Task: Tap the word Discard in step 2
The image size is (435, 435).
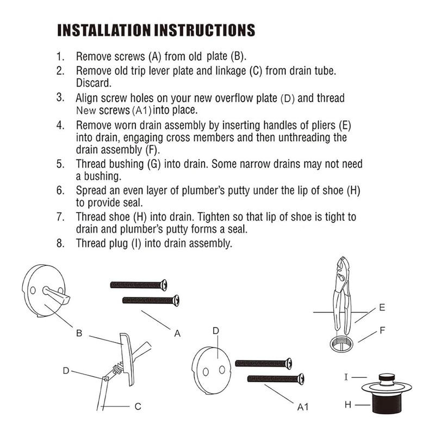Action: tap(93, 83)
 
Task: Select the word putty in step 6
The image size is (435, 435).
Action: tap(228, 191)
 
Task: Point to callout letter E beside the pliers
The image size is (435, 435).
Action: tap(382, 308)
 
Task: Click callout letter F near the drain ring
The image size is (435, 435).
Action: tap(382, 330)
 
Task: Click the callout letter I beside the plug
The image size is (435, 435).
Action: tap(346, 376)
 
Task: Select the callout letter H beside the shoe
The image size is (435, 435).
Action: tap(346, 404)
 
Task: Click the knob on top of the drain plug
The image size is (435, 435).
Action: tap(387, 376)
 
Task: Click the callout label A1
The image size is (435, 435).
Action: tap(303, 406)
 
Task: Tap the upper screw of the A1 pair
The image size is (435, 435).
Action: tap(263, 363)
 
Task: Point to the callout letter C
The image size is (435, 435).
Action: tap(138, 405)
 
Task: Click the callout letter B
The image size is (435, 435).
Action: tap(79, 333)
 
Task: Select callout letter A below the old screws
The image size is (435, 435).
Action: tap(177, 333)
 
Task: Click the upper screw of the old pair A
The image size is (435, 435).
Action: tap(138, 285)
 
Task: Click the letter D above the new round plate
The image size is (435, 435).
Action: tap(215, 330)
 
